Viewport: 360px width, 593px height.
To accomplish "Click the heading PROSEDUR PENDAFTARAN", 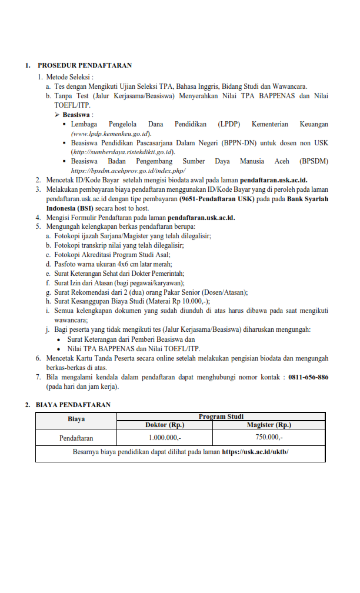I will click(x=85, y=65).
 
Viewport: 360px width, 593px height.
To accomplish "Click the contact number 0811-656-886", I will click(x=308, y=377).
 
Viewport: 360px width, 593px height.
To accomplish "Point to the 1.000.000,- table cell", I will click(x=165, y=438).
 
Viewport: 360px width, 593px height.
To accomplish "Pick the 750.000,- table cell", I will click(x=269, y=438).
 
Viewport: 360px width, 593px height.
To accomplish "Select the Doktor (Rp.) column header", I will click(x=165, y=425).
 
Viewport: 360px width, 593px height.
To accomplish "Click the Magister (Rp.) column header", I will click(x=269, y=425).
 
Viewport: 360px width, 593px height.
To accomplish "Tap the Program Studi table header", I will click(x=221, y=417).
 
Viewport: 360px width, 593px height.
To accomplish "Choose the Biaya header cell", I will click(x=76, y=420).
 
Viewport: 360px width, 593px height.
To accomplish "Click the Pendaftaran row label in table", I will click(x=76, y=438).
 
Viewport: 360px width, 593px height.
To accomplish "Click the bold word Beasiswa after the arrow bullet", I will click(x=77, y=115).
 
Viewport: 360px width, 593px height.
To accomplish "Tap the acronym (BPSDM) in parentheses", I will click(x=314, y=161).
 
